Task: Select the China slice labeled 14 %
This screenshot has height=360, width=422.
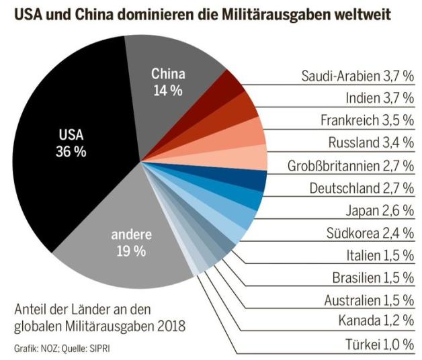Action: (168, 81)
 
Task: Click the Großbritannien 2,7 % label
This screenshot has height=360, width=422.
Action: (349, 165)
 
